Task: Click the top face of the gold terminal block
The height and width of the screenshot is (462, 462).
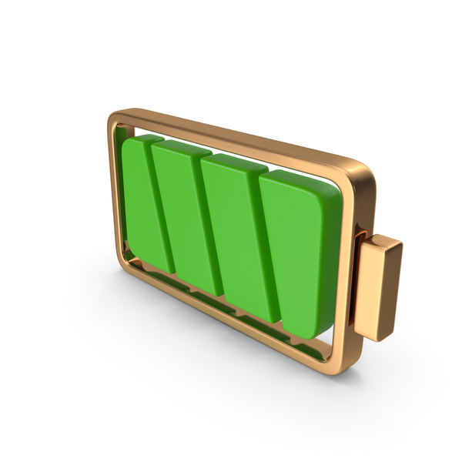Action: [x=382, y=245]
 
